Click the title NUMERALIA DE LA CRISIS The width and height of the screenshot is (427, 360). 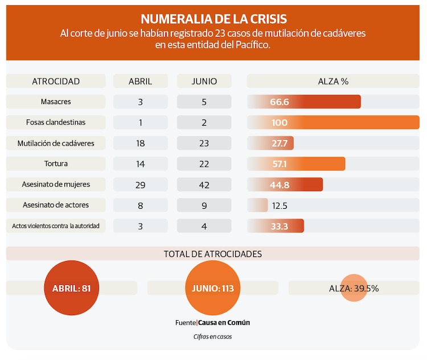[213, 19]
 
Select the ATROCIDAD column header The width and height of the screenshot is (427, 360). [56, 81]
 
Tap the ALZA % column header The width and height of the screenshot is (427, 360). [333, 81]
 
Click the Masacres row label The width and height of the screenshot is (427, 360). [56, 102]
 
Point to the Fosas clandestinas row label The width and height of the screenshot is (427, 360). [56, 122]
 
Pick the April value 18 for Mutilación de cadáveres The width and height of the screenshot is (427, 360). [141, 143]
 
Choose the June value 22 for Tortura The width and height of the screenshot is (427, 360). [204, 164]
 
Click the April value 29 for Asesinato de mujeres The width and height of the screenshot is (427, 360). [141, 185]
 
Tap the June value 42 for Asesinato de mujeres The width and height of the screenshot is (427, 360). [204, 185]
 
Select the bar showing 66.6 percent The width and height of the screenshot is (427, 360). [304, 102]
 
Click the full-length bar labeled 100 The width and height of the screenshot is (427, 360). [333, 122]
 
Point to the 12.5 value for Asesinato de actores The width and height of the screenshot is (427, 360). [280, 205]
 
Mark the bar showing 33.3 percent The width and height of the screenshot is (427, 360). [276, 226]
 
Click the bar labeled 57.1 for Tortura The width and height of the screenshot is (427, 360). [296, 164]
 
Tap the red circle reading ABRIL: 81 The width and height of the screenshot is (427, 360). [72, 288]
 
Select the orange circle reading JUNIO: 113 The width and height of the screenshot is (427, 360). [213, 288]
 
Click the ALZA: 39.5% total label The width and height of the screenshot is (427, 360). [354, 288]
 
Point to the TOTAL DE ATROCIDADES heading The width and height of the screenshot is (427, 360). [213, 254]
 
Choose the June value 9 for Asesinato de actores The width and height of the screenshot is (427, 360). [204, 205]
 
